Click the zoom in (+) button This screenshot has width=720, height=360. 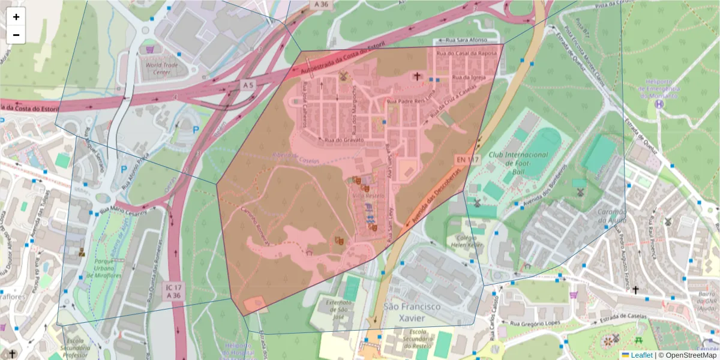pos(16,17)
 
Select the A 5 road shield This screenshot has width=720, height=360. pos(248,86)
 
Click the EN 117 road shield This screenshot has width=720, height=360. pos(466,160)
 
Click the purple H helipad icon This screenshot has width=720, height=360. pos(659,104)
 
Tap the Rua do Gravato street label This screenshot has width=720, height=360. pos(344,140)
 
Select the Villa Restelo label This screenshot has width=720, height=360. pos(367,196)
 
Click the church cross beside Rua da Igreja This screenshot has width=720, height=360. pos(416,76)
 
